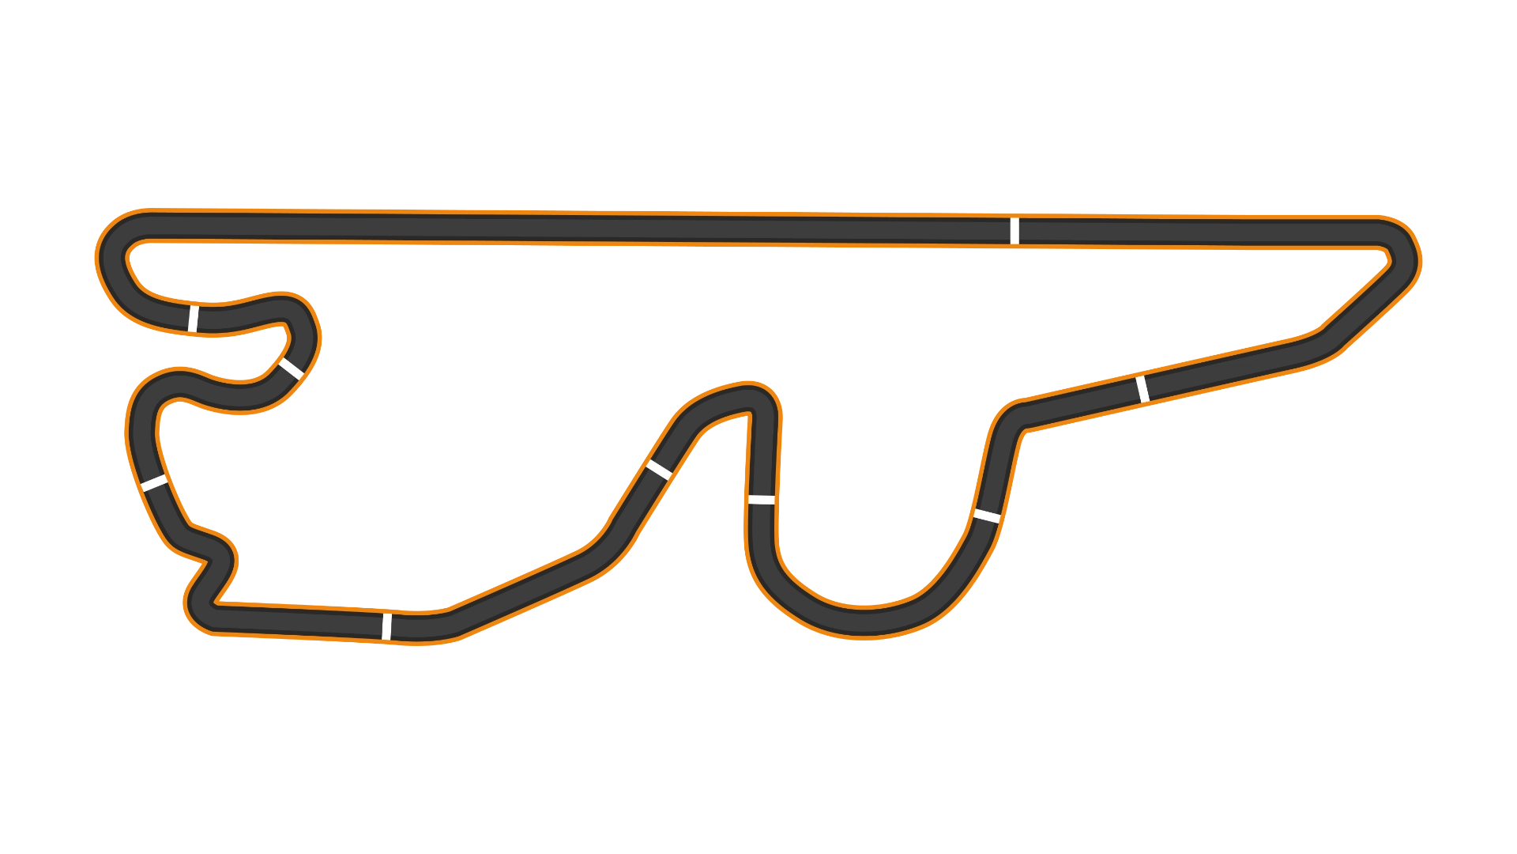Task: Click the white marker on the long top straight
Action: coord(1014,231)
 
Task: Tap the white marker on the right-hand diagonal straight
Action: coord(1142,389)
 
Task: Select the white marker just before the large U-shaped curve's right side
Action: coord(987,516)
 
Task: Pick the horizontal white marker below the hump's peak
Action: coord(761,500)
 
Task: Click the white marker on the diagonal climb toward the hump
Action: coord(659,470)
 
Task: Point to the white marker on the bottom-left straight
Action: coord(386,625)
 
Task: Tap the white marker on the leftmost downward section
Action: coord(154,482)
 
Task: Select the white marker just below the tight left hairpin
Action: coord(291,368)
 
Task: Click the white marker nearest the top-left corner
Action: coord(193,318)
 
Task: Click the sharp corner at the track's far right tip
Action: coord(1400,251)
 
